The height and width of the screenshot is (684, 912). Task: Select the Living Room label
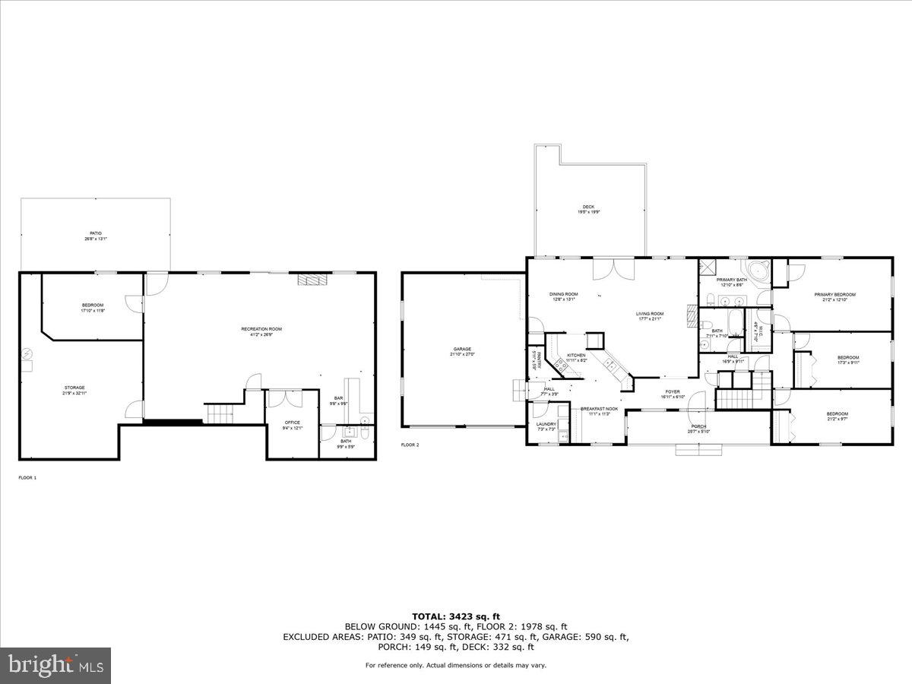tap(650, 315)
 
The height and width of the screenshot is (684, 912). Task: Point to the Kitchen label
tap(575, 357)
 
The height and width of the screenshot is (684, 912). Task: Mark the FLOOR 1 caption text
tap(27, 477)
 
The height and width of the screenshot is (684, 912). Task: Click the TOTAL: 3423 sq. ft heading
tap(455, 616)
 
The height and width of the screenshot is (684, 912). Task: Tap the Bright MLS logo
tap(55, 666)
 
